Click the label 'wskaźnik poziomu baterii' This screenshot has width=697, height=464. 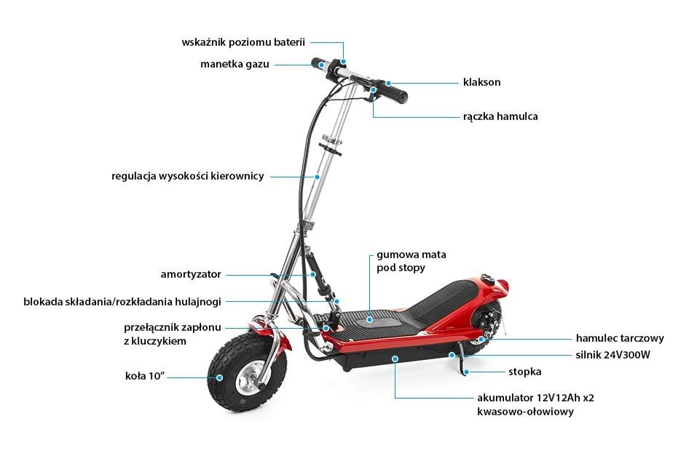pyautogui.click(x=243, y=42)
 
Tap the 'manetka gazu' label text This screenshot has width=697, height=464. pyautogui.click(x=235, y=64)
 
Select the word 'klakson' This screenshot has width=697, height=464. pyautogui.click(x=481, y=82)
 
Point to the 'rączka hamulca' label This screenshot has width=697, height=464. pyautogui.click(x=500, y=116)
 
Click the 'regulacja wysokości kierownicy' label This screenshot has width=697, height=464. pyautogui.click(x=187, y=176)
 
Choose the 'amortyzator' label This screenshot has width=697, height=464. pyautogui.click(x=190, y=274)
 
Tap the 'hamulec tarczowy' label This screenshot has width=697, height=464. pyautogui.click(x=619, y=338)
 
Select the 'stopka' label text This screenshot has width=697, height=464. pyautogui.click(x=524, y=372)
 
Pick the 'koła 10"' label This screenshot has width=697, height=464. pyautogui.click(x=145, y=376)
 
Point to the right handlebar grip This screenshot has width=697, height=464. pyautogui.click(x=394, y=92)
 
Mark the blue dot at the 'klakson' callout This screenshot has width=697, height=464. pyautogui.click(x=389, y=83)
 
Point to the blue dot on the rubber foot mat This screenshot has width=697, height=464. pyautogui.click(x=370, y=318)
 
